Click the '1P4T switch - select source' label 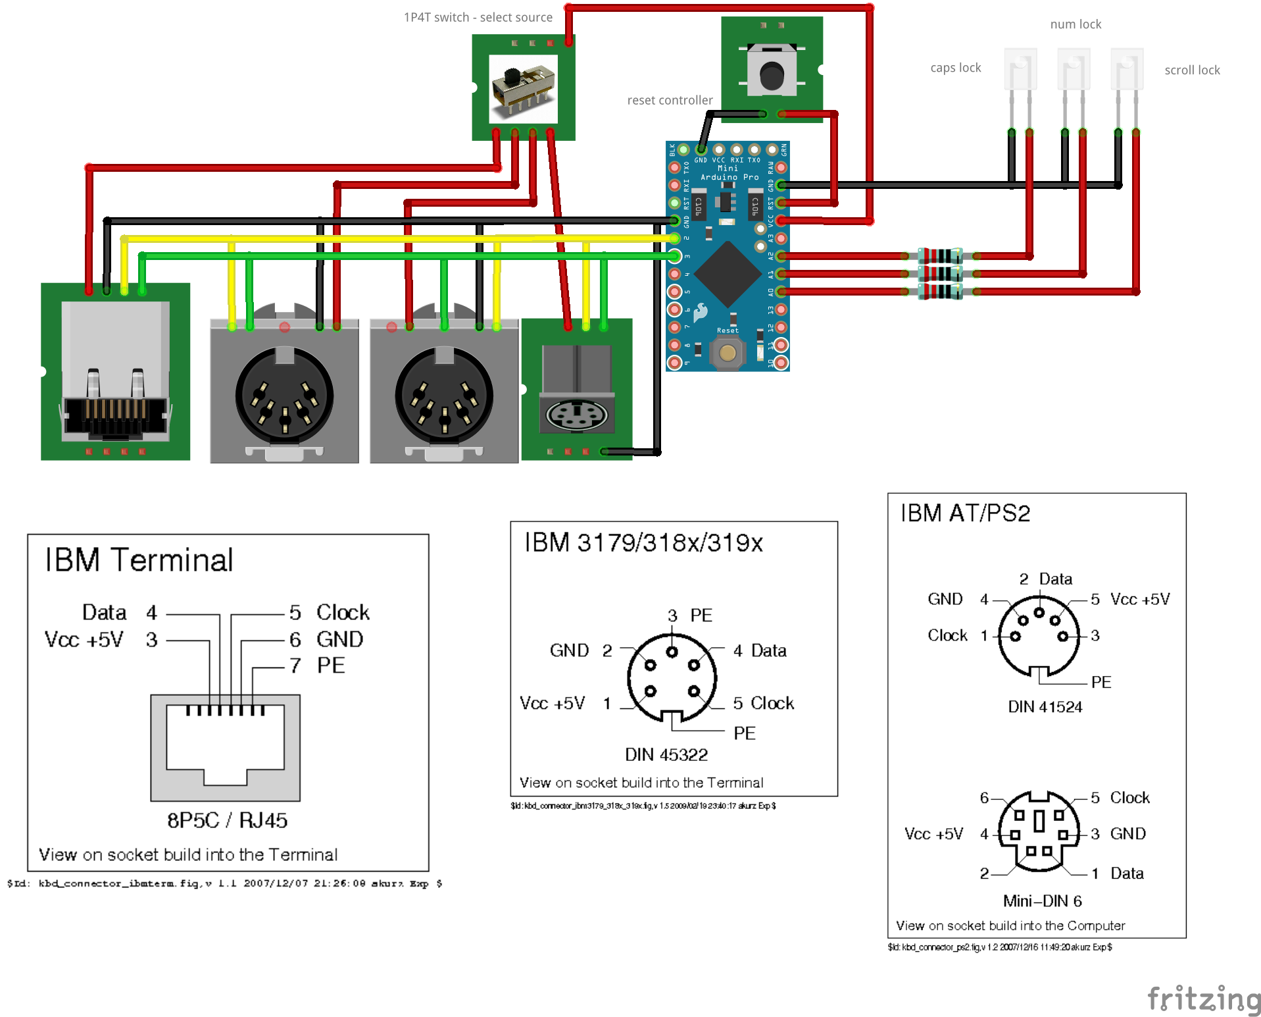[x=478, y=17]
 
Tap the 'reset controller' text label [x=669, y=100]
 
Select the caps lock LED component [x=1020, y=70]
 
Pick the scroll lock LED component [x=1126, y=70]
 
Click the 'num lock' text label [x=1075, y=24]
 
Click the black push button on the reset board [x=771, y=74]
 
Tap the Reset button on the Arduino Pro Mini [x=727, y=353]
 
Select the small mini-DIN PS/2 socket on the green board [x=576, y=415]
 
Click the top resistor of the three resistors [x=940, y=256]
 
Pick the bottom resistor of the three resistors [x=940, y=292]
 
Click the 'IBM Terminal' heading [x=139, y=560]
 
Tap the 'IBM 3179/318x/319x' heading [x=643, y=543]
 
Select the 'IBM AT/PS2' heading [x=964, y=513]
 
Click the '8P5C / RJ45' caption [x=227, y=820]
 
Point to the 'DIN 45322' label [x=666, y=754]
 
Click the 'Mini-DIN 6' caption [x=1042, y=900]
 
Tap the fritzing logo [x=1204, y=999]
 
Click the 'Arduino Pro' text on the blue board [x=729, y=177]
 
